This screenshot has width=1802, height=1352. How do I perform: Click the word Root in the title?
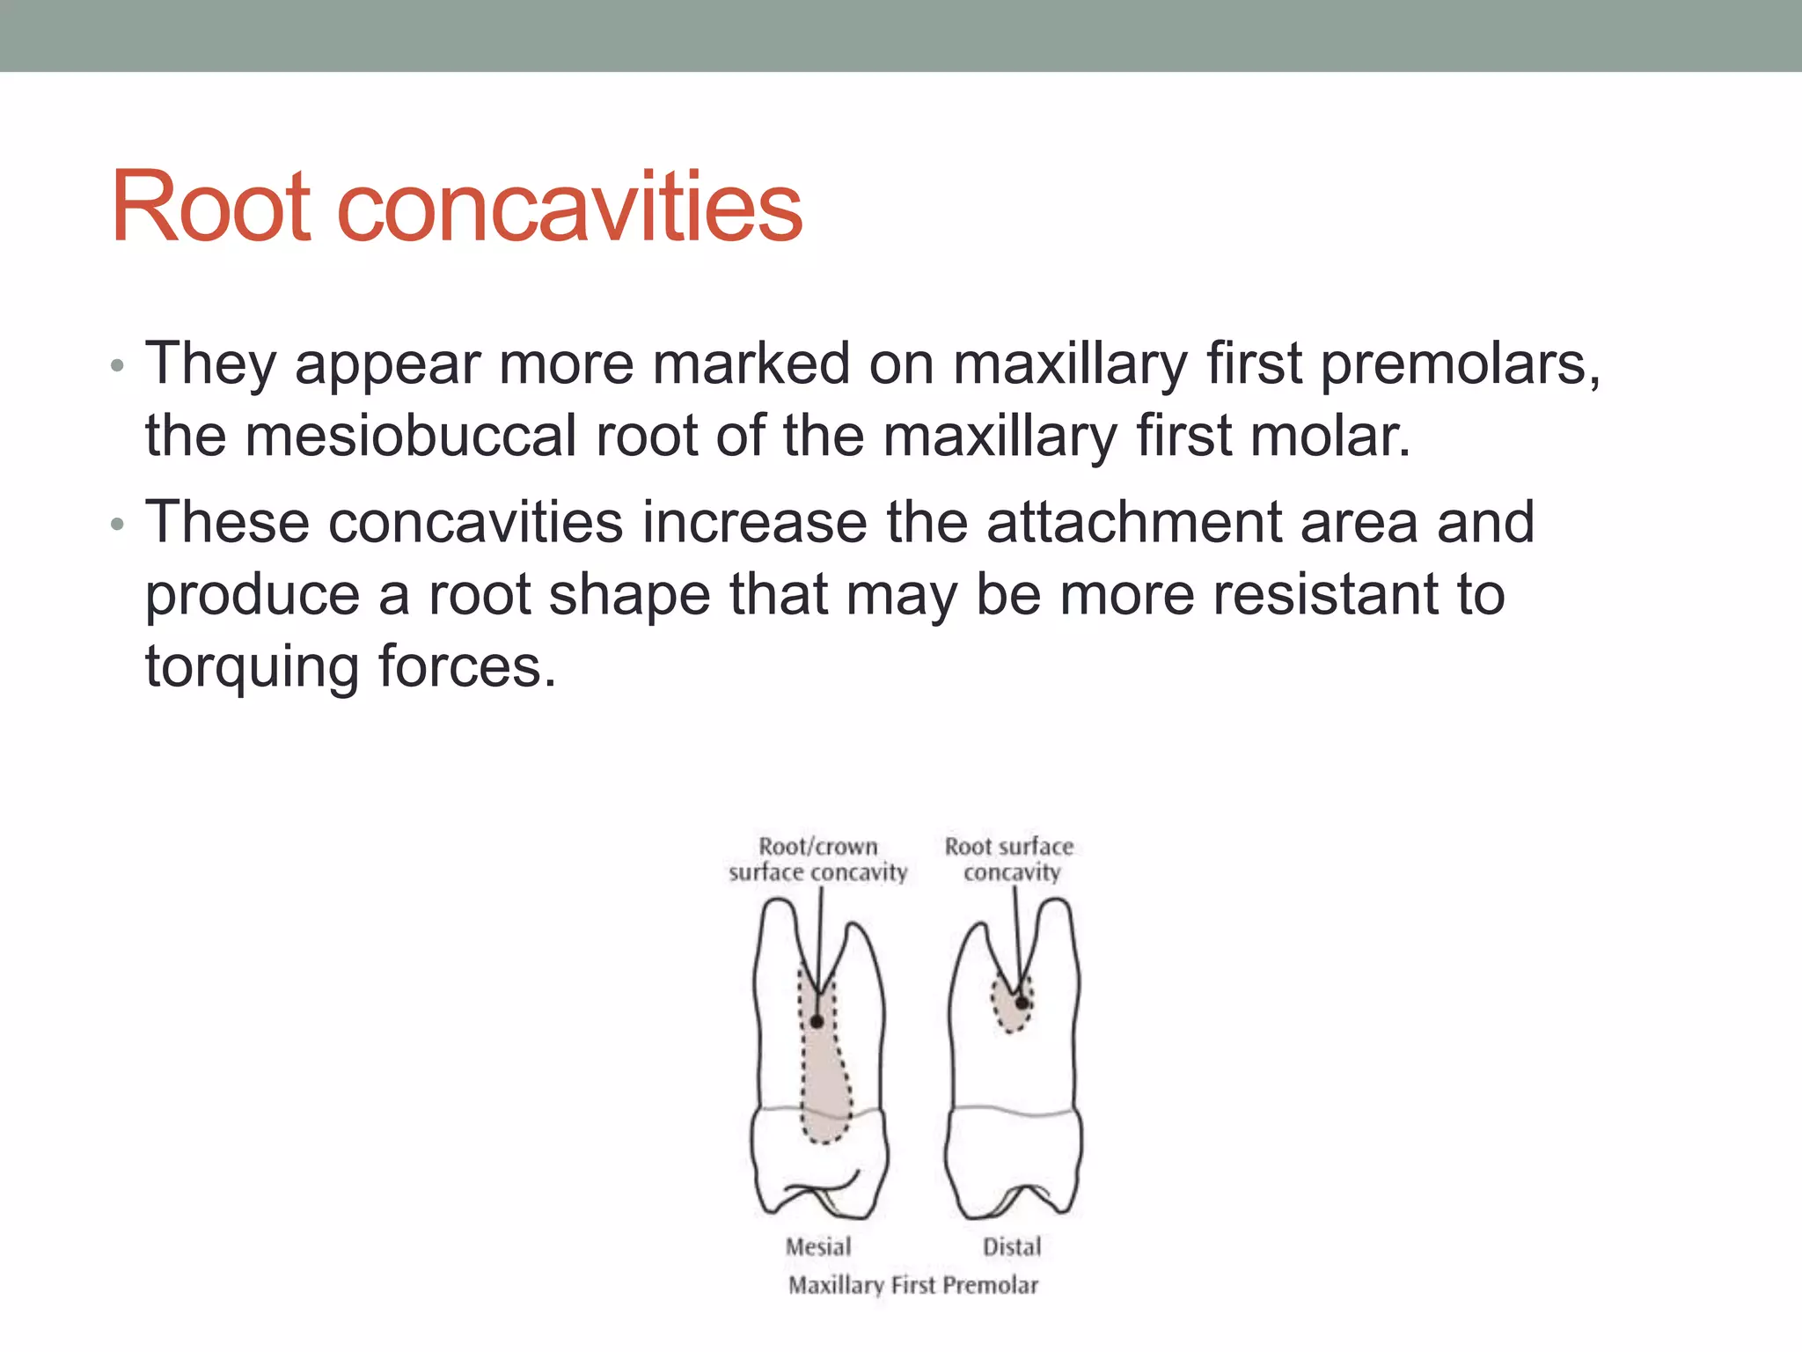click(x=211, y=208)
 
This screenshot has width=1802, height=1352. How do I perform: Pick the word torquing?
click(x=252, y=667)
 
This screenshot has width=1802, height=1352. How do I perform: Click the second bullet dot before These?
click(x=118, y=525)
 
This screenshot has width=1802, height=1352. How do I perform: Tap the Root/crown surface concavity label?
click(x=817, y=859)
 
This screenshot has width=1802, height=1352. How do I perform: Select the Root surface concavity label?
click(x=1009, y=859)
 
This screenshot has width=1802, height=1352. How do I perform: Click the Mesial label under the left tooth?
click(x=818, y=1246)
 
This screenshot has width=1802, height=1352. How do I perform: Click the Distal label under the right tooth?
click(x=1012, y=1246)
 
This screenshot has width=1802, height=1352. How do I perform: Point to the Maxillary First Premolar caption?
click(x=913, y=1285)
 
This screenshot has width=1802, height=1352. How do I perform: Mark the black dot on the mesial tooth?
click(x=817, y=1022)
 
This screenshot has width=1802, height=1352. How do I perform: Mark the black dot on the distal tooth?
click(x=1022, y=1003)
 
